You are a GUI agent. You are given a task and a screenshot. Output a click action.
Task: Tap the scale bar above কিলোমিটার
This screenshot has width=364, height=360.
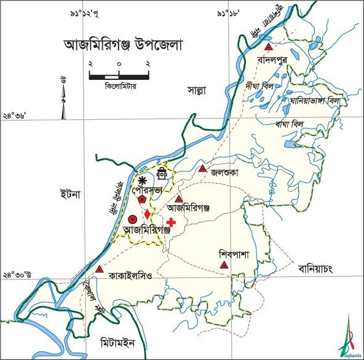120,76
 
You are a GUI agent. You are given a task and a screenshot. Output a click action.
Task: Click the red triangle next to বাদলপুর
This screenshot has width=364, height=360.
267,47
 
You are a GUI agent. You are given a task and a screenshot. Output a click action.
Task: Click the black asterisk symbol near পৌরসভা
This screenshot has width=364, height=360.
143,180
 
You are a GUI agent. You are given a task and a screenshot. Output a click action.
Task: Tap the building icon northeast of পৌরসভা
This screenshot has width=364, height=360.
162,173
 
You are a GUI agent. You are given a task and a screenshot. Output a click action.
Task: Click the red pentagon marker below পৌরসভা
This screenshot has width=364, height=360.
143,199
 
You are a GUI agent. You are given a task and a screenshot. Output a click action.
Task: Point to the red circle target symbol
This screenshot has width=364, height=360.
132,219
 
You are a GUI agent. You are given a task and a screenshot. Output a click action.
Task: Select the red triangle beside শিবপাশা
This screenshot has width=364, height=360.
224,265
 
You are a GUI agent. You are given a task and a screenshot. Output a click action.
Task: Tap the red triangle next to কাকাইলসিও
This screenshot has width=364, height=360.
99,269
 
